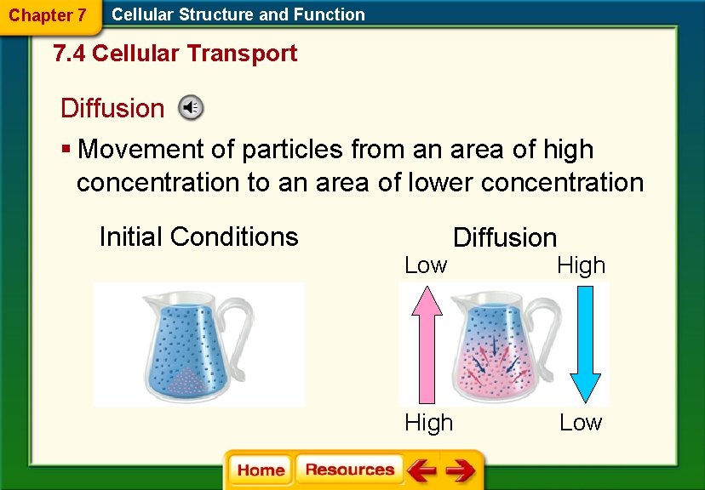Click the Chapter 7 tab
click(48, 15)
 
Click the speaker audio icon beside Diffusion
click(190, 107)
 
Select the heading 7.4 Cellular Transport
click(175, 54)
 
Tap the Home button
click(261, 470)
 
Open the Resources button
click(349, 470)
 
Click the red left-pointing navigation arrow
click(421, 470)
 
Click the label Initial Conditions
click(198, 236)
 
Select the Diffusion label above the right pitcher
click(505, 237)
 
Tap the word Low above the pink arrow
click(425, 265)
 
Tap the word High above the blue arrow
click(581, 265)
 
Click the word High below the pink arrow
click(428, 422)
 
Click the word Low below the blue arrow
click(581, 422)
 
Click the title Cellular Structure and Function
click(238, 14)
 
